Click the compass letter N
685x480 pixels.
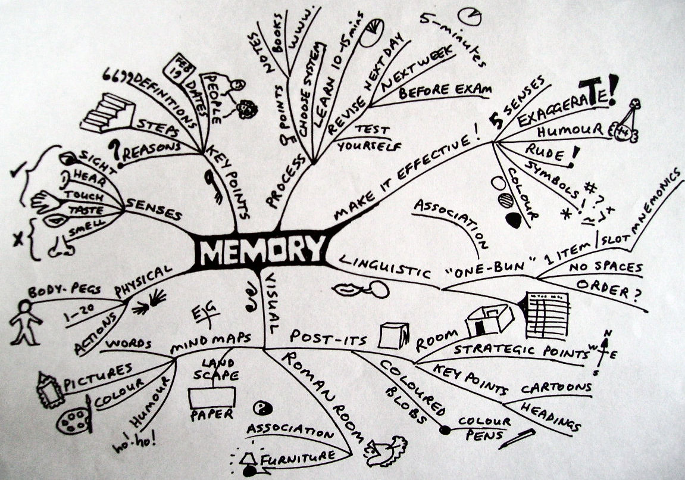(x=607, y=333)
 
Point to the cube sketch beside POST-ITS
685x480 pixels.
(x=393, y=335)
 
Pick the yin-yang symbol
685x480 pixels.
(x=260, y=407)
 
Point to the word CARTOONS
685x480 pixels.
(x=556, y=388)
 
